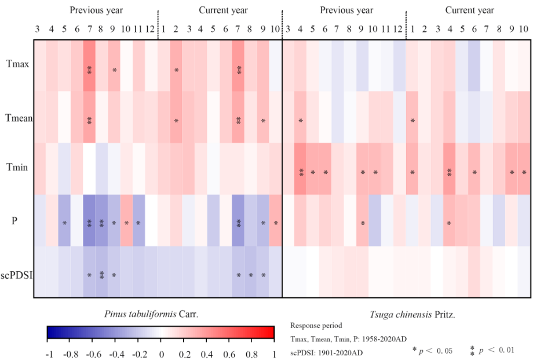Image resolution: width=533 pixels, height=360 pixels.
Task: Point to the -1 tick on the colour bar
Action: click(x=49, y=354)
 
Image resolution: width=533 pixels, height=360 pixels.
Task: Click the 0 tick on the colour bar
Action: click(x=161, y=354)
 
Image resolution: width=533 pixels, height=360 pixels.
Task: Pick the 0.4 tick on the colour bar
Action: click(x=206, y=354)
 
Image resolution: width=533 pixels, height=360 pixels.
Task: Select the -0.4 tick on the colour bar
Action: click(x=116, y=354)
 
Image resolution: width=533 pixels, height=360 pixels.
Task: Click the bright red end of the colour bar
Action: click(x=270, y=332)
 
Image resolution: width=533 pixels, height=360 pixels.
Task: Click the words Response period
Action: click(x=316, y=326)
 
